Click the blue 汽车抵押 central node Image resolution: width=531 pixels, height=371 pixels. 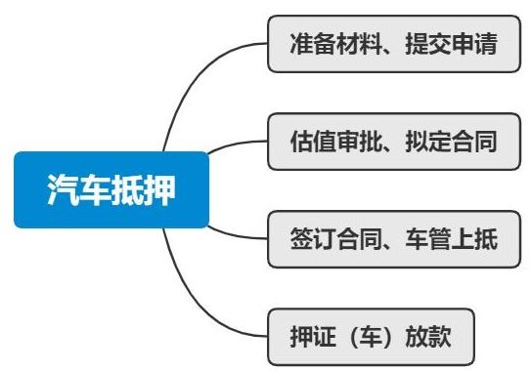pyautogui.click(x=111, y=189)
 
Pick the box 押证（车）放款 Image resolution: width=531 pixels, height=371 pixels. pyautogui.click(x=373, y=335)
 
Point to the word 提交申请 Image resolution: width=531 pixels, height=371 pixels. pyautogui.click(x=457, y=45)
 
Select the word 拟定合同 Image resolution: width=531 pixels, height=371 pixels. pyautogui.click(x=457, y=142)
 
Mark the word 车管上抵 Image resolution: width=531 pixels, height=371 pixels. pyautogui.click(x=457, y=238)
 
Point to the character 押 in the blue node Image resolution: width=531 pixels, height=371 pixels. pyautogui.click(x=159, y=189)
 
